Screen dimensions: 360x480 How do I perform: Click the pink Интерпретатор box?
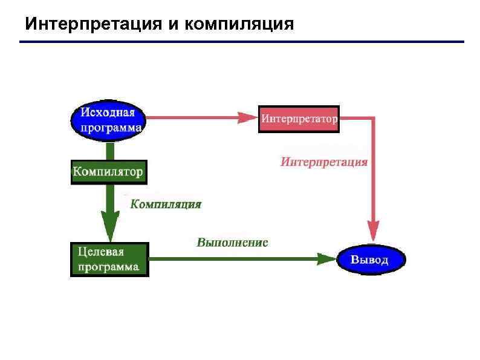click(299, 119)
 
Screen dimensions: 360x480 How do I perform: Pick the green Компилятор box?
click(108, 172)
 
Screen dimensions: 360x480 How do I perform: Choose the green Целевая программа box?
click(109, 259)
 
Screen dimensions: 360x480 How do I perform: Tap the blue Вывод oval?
click(370, 260)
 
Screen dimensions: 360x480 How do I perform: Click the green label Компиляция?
click(166, 204)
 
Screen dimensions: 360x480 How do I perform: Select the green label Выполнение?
click(232, 243)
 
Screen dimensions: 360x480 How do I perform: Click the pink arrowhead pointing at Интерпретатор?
click(247, 117)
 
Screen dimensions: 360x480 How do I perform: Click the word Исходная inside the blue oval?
click(108, 113)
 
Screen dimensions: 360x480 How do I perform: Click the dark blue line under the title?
click(242, 42)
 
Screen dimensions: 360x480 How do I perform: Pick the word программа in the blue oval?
click(109, 127)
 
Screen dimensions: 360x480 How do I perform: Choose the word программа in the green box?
click(108, 266)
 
